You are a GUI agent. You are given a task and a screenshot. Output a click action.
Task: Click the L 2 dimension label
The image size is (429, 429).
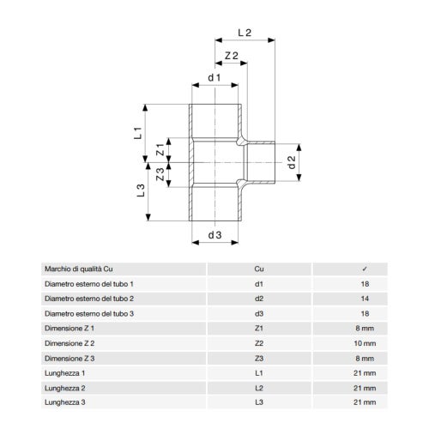pyautogui.click(x=245, y=33)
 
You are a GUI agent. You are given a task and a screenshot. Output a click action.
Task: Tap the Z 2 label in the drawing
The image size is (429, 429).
pyautogui.click(x=232, y=56)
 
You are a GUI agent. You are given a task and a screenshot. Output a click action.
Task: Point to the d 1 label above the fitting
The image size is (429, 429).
pyautogui.click(x=214, y=77)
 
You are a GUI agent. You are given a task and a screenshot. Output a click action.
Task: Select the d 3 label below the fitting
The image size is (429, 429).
pyautogui.click(x=214, y=235)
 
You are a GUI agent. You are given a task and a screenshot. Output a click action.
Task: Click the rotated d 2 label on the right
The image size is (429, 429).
pyautogui.click(x=292, y=162)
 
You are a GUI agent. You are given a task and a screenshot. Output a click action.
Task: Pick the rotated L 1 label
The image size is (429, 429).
pyautogui.click(x=138, y=133)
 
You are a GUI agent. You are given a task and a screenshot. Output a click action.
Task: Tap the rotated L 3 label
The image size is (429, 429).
pyautogui.click(x=141, y=190)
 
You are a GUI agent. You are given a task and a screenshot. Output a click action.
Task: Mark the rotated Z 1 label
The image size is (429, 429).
pyautogui.click(x=160, y=149)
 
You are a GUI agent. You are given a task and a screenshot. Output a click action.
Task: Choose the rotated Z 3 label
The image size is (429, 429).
pyautogui.click(x=160, y=174)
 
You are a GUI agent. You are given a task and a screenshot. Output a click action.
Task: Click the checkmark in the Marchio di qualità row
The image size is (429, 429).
pyautogui.click(x=365, y=269)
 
